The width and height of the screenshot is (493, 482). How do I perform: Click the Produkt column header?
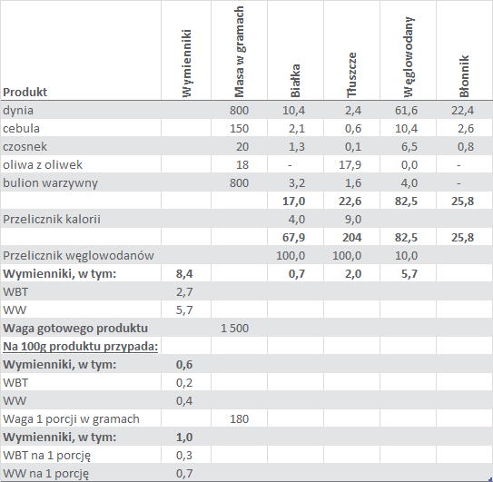[x=25, y=92]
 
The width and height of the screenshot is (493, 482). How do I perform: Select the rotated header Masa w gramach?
[x=240, y=52]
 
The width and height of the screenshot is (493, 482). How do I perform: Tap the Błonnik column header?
[x=464, y=76]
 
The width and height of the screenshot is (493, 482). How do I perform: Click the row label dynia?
[x=18, y=111]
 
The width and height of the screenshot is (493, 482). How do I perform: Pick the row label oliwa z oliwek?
[x=43, y=165]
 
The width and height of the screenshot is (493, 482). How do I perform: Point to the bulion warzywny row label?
[x=50, y=183]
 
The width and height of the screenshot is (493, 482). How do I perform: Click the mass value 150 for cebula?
[x=239, y=129]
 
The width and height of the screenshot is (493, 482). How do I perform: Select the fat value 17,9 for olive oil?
[x=350, y=165]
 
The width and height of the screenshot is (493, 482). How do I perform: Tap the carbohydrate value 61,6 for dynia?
[x=406, y=111]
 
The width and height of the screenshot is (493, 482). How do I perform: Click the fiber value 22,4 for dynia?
[x=462, y=111]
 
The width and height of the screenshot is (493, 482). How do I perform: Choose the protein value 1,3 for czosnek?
[x=297, y=147]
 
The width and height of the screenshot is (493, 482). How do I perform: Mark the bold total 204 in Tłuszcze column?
[x=352, y=238]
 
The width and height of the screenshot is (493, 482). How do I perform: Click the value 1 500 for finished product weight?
[x=234, y=329]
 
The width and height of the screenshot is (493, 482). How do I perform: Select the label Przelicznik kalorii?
[x=52, y=219]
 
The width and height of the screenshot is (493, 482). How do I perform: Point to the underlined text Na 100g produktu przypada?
[x=80, y=347]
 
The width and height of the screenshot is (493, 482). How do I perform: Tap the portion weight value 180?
[x=239, y=419]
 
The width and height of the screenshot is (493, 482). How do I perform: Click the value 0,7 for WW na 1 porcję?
[x=184, y=474]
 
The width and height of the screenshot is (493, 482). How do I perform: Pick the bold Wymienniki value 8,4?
[x=184, y=274]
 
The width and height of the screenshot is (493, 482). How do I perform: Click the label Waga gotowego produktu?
[x=75, y=329]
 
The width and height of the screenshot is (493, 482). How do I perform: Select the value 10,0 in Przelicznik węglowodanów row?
[x=406, y=256]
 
